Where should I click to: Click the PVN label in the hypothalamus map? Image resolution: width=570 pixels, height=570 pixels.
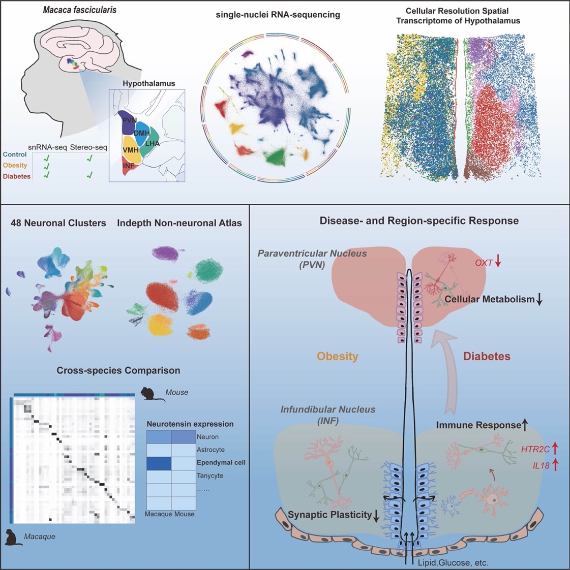click(x=130, y=120)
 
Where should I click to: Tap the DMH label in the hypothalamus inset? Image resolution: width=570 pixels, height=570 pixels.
click(x=141, y=133)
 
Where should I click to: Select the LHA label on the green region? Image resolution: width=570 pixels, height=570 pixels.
click(x=152, y=143)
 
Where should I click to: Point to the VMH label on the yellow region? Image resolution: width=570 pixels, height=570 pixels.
click(x=131, y=150)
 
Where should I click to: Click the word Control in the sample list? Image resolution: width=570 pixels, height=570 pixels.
click(x=15, y=154)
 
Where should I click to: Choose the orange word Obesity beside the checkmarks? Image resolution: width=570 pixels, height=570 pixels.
click(x=15, y=165)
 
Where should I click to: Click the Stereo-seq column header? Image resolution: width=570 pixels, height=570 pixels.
click(x=89, y=147)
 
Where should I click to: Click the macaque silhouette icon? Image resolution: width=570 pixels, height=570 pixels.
click(x=14, y=537)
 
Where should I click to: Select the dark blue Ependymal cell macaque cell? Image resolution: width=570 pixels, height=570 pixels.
click(x=159, y=463)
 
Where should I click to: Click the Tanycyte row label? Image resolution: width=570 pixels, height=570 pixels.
click(x=209, y=476)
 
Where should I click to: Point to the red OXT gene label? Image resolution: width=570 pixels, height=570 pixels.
click(x=484, y=263)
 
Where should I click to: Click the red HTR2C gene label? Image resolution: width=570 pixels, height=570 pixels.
click(x=535, y=449)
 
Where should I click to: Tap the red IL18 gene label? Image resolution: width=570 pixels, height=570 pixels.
click(x=541, y=464)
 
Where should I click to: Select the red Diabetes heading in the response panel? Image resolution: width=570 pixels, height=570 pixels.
click(x=486, y=356)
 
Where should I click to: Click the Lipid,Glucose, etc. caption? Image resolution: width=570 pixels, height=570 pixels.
click(x=453, y=563)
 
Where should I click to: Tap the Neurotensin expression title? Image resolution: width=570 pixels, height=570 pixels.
click(x=190, y=424)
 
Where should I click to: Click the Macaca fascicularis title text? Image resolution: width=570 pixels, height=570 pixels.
click(x=79, y=10)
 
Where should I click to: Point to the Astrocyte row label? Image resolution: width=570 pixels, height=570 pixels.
click(x=211, y=450)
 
